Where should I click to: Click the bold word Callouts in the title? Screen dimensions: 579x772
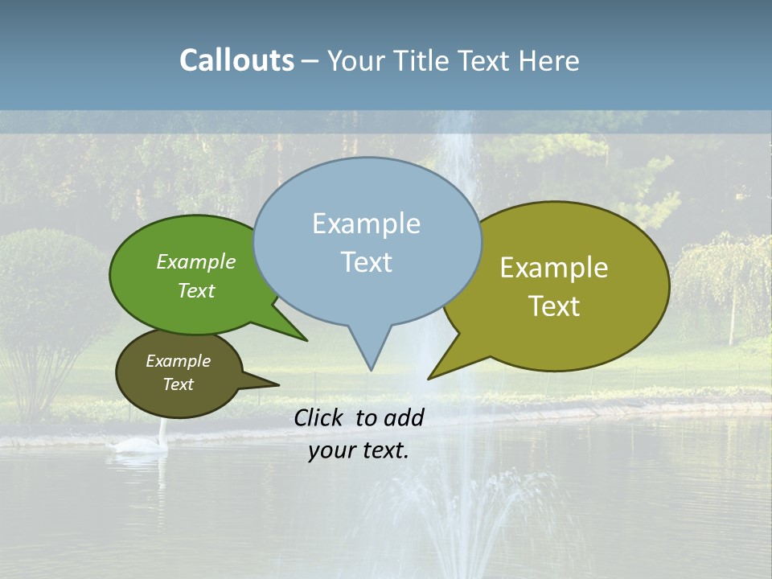[236, 60]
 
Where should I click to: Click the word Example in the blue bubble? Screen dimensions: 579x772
[366, 224]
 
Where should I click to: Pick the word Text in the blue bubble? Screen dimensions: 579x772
[366, 262]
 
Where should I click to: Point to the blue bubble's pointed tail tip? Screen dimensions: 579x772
[371, 370]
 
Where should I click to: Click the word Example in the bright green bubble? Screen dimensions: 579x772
[196, 261]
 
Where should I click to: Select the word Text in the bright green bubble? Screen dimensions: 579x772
[196, 290]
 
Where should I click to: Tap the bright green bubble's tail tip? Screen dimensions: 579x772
[306, 340]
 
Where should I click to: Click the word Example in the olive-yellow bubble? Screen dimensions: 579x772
[554, 268]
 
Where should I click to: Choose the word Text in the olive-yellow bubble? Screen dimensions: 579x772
[554, 306]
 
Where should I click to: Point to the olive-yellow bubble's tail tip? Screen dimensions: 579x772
[429, 378]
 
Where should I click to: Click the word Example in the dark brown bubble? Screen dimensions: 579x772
[178, 361]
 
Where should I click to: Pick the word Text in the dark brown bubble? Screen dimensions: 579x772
[178, 384]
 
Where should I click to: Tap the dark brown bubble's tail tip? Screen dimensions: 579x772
[278, 384]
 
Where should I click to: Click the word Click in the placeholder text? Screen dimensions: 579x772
[321, 417]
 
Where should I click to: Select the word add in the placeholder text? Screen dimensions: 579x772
[404, 417]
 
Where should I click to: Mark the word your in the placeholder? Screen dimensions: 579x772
[331, 450]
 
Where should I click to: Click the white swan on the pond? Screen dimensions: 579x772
[145, 443]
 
